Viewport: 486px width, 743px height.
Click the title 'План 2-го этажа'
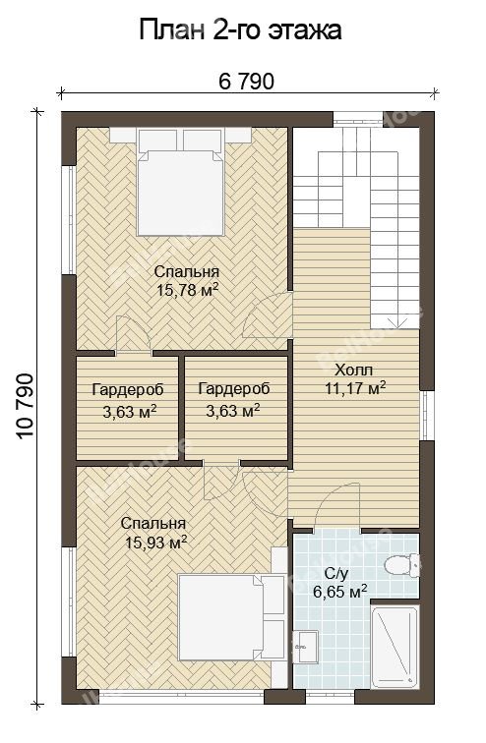[240, 30]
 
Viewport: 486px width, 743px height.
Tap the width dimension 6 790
[247, 82]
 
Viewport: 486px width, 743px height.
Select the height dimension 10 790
[26, 406]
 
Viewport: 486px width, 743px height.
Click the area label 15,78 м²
[187, 290]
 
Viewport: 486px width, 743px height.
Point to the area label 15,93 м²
[155, 542]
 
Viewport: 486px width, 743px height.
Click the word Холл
[353, 370]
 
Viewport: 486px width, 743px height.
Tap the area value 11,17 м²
[354, 388]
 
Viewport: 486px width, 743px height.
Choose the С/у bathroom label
[336, 573]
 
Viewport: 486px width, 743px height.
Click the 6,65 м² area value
[340, 591]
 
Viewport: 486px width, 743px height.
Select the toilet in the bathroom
[401, 565]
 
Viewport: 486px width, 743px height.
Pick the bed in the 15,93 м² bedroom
[231, 617]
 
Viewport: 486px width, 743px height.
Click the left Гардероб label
[128, 389]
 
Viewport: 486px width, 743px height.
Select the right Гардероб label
[234, 388]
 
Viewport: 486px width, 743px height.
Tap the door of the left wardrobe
[134, 334]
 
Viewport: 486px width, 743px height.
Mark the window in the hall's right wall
[426, 416]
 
